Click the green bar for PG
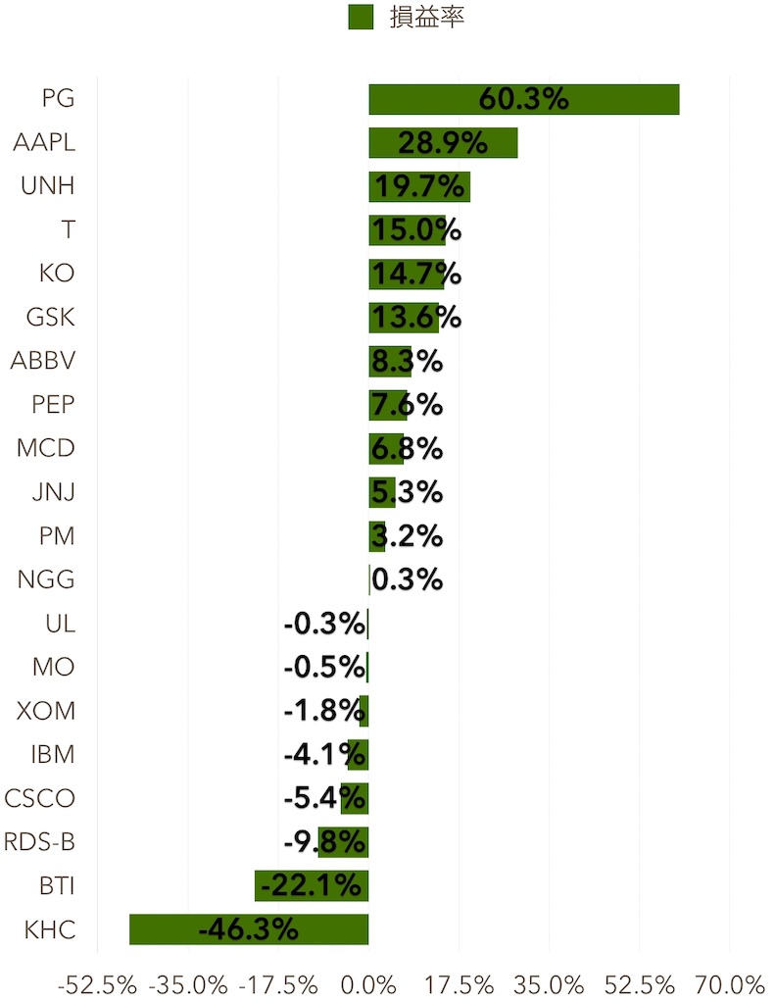[523, 100]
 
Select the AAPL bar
[443, 143]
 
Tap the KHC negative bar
[249, 929]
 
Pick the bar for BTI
[311, 885]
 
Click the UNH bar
[419, 186]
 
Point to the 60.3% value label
[523, 100]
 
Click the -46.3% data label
[249, 929]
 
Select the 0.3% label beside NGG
[408, 579]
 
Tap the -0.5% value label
[324, 668]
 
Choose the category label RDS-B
[39, 842]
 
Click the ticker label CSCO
[39, 798]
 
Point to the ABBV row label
[43, 361]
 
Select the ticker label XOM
[46, 711]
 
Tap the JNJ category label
[53, 492]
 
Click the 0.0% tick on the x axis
[368, 983]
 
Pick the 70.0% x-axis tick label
[731, 983]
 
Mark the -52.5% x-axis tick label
[97, 983]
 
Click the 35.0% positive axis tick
[550, 983]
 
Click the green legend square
[361, 17]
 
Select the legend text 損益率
[426, 17]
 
